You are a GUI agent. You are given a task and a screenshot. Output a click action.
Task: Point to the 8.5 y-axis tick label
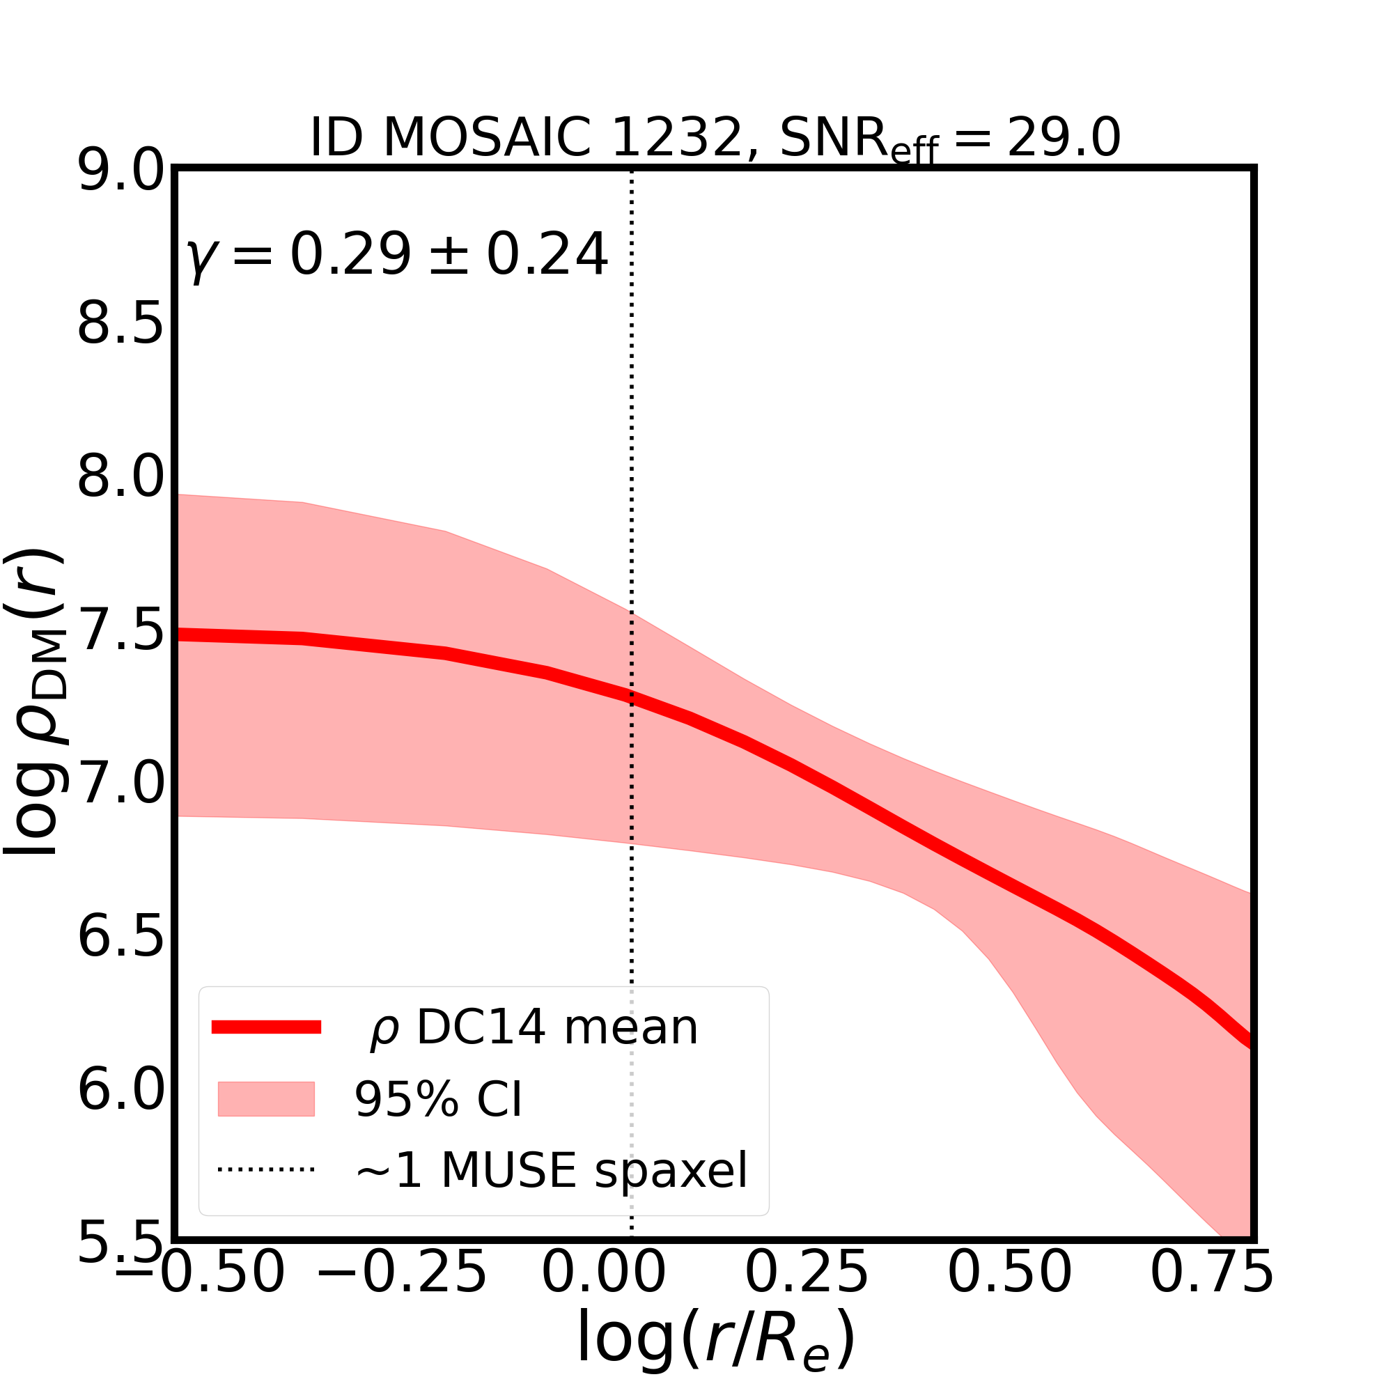point(121,325)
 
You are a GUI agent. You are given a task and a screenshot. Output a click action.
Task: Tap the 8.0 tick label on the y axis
point(121,477)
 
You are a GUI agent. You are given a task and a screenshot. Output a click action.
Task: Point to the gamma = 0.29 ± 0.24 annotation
point(396,255)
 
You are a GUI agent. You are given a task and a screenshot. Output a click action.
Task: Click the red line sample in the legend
point(266,1027)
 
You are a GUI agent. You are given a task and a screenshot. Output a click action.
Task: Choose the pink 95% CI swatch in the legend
point(266,1100)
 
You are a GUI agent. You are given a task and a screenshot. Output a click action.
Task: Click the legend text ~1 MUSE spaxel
point(552,1171)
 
